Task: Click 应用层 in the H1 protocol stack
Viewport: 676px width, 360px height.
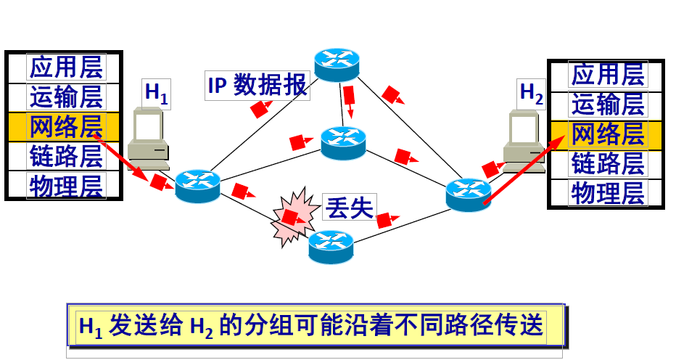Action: coord(66,67)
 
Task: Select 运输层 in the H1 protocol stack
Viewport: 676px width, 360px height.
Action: coord(66,97)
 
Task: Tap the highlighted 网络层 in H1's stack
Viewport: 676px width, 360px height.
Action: coord(66,126)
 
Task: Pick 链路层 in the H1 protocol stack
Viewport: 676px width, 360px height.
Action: coord(66,156)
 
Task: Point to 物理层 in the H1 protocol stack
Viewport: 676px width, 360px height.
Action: coord(66,185)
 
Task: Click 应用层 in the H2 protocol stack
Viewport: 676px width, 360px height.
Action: coord(608,74)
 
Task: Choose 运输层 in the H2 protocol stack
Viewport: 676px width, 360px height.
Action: coord(608,104)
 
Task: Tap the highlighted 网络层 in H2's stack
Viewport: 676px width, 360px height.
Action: coord(608,134)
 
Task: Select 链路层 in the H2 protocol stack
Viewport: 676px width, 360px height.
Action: coord(608,163)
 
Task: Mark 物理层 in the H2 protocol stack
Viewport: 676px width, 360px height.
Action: coord(608,193)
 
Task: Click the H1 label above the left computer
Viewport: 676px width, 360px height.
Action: coord(157,93)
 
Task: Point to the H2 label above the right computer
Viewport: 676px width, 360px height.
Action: coord(532,93)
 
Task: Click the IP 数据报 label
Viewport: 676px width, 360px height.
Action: coord(258,86)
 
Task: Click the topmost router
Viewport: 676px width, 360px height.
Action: coord(337,65)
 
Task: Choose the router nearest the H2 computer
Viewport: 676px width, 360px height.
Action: coord(468,194)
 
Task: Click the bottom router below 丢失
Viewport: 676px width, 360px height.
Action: coord(331,246)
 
